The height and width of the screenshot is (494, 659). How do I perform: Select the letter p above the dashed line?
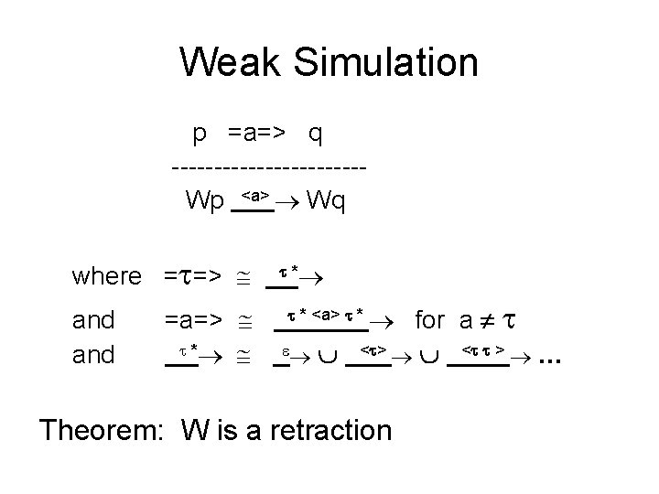[x=199, y=135]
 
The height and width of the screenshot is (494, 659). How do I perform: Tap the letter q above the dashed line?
[x=315, y=135]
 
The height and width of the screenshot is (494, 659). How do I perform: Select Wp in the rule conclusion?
[x=204, y=199]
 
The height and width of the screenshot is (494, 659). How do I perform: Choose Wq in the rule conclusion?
[x=326, y=199]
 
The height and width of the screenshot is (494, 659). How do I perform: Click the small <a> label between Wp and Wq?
[x=254, y=194]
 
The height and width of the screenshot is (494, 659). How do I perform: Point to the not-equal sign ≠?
[x=488, y=321]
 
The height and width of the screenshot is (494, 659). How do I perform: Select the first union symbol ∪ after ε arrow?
[x=322, y=355]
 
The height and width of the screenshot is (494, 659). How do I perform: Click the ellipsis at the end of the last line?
[x=549, y=358]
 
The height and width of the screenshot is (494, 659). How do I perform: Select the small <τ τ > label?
[x=484, y=349]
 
